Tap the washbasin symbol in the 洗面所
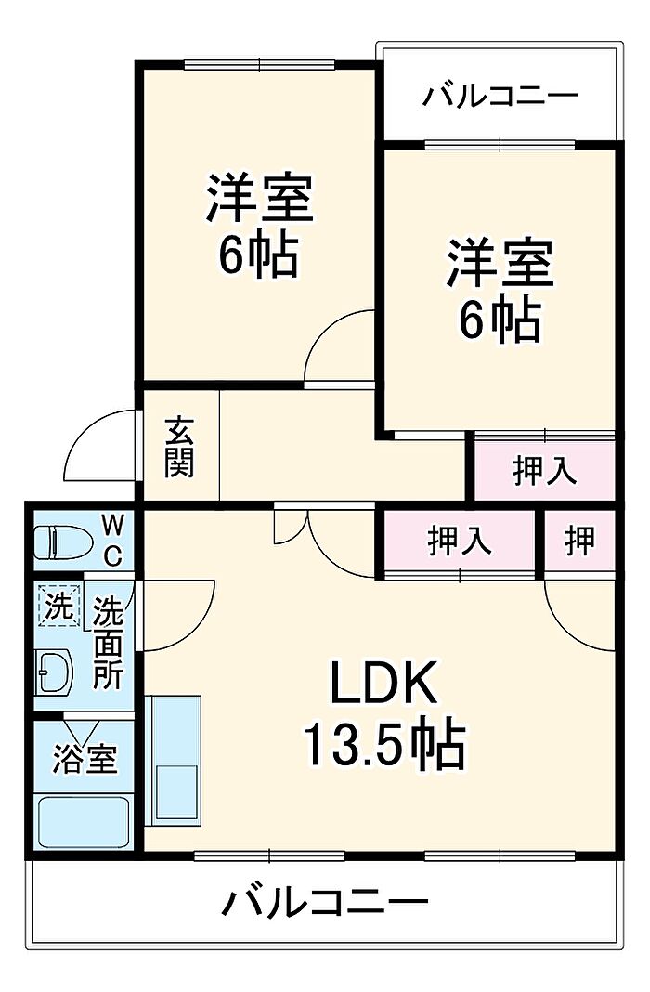(x=55, y=671)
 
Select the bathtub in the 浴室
(x=84, y=821)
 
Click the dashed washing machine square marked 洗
(x=58, y=606)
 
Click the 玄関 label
(x=179, y=447)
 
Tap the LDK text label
(x=383, y=683)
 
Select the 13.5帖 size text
(x=384, y=744)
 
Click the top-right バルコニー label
(x=500, y=97)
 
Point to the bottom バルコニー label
(x=324, y=902)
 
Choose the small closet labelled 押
(x=579, y=542)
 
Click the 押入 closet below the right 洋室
(x=544, y=469)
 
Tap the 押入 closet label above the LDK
(x=459, y=542)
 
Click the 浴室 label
(x=84, y=759)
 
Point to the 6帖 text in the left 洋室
(x=258, y=255)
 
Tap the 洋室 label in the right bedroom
(x=500, y=263)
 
